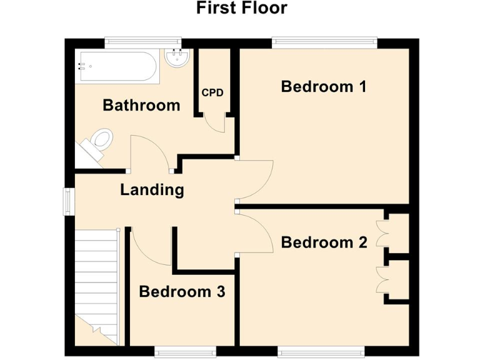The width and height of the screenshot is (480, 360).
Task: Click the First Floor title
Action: point(241,8)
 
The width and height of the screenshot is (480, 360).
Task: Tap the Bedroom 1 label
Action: point(323,86)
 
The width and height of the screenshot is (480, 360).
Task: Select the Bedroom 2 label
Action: point(324,242)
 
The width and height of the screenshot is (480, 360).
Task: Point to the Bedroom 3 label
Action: point(182,291)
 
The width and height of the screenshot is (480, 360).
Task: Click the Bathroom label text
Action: point(141,105)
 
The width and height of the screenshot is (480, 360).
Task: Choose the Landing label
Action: point(152,189)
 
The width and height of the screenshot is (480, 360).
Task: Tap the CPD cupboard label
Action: point(212,92)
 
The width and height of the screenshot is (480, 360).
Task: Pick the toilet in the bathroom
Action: point(99,140)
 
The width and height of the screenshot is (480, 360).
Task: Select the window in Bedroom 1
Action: point(324,42)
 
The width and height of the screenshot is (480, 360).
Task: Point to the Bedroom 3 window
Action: point(185,352)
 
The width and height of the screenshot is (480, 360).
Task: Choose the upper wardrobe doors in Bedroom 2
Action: point(381,232)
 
